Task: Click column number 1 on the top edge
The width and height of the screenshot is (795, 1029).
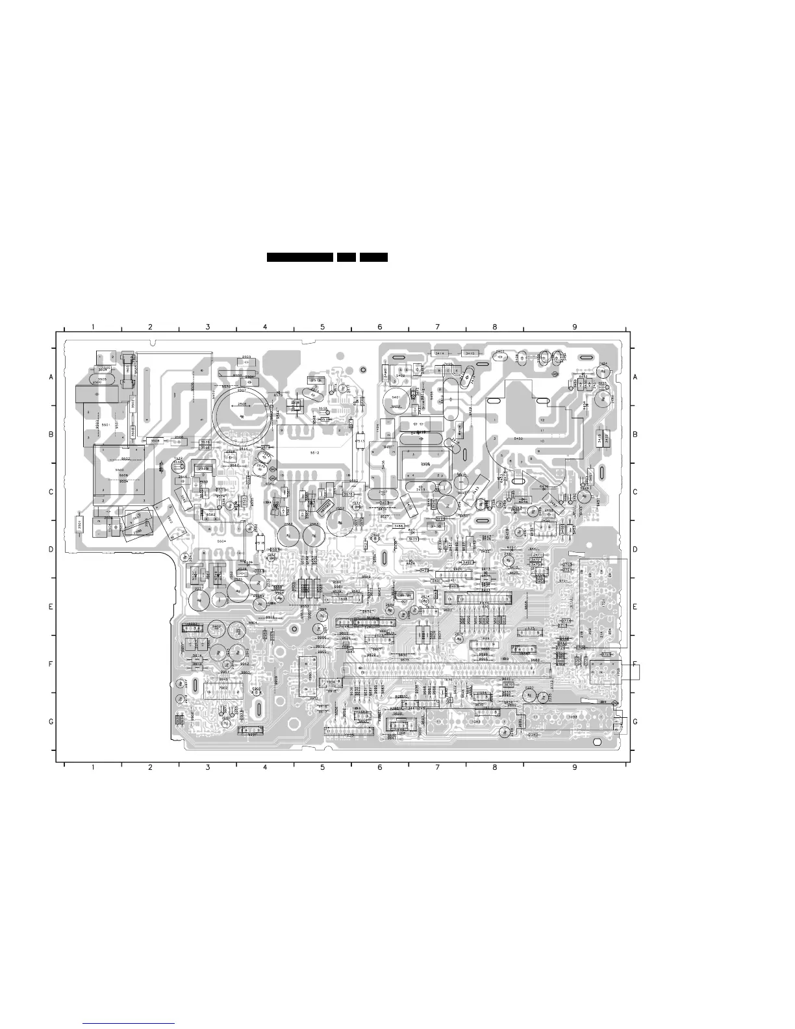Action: (x=93, y=327)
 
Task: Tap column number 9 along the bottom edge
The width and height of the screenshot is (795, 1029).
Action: (x=574, y=767)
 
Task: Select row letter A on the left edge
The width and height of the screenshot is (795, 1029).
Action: (x=51, y=377)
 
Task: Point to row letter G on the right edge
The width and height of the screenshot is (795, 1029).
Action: (x=635, y=722)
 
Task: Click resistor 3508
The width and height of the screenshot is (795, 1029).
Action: (x=155, y=441)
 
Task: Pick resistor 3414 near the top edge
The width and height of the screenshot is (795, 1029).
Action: (x=440, y=353)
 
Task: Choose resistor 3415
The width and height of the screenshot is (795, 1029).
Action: (x=470, y=353)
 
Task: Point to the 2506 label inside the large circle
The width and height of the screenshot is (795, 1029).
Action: (x=242, y=404)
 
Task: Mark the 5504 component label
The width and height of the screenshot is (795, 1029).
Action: (x=221, y=540)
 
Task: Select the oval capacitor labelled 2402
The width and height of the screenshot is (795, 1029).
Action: (x=500, y=354)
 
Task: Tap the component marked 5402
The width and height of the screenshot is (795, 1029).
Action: (x=401, y=375)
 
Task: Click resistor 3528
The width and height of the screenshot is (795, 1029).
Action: (x=205, y=442)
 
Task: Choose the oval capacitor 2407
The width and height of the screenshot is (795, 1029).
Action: (x=383, y=492)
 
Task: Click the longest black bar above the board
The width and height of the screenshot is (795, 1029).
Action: (x=300, y=258)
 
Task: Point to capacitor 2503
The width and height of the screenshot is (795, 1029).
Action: (x=247, y=358)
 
